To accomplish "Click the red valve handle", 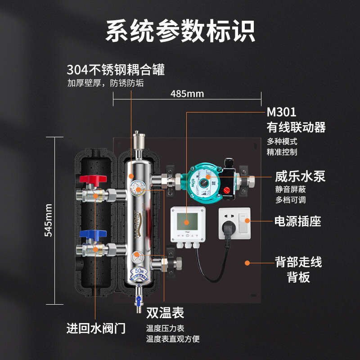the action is (x=93, y=180).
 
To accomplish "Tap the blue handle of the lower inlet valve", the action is (x=93, y=234).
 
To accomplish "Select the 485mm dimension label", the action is (x=187, y=94).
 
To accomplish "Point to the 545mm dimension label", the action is (x=48, y=220).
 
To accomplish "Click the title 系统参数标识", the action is (x=180, y=31).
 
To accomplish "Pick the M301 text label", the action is (x=281, y=112).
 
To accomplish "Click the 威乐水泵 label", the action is (x=300, y=176).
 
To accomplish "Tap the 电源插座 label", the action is (x=297, y=221).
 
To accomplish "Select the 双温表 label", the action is (x=165, y=313).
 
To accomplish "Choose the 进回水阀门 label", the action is (x=96, y=328).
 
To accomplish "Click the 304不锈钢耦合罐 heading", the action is (x=116, y=70).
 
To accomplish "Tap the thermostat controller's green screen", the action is (x=187, y=221).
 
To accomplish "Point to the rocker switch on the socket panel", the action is (x=243, y=223).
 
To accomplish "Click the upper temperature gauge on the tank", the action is (x=137, y=188).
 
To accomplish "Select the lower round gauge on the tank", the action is (x=137, y=257).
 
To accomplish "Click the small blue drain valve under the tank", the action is (x=139, y=299).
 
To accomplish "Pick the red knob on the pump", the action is (x=227, y=190).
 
